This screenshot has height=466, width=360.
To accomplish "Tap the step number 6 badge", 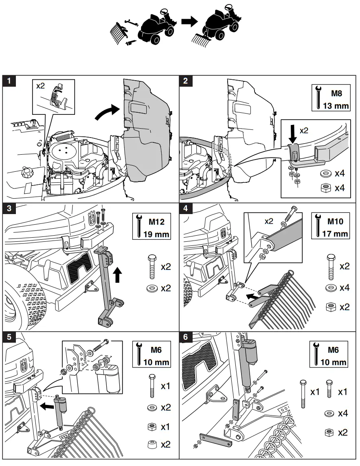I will pos(186,337).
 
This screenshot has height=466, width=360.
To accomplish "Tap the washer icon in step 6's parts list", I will pos(329,413).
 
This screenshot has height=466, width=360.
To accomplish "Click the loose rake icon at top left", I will pos(119,31).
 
